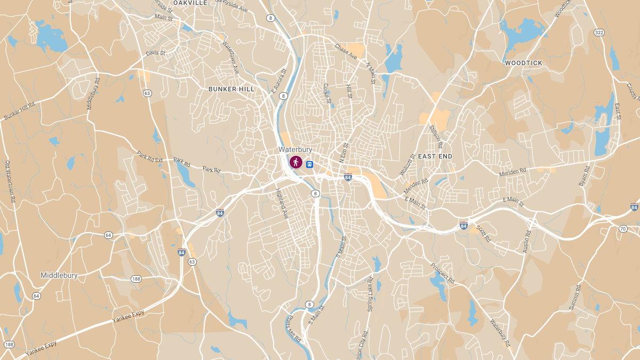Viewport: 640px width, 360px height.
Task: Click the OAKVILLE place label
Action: click(x=190, y=3)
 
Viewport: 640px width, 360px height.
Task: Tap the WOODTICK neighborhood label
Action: click(x=523, y=63)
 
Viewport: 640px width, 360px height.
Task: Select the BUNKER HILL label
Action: click(x=231, y=89)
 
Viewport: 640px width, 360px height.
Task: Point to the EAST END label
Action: click(x=435, y=156)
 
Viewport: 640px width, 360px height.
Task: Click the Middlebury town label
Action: click(x=59, y=276)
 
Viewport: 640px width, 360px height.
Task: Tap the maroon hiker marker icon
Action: click(x=295, y=162)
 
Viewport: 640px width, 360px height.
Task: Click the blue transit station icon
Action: click(x=309, y=165)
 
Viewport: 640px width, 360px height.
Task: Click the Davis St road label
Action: click(x=156, y=53)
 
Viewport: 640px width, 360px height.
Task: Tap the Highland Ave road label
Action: click(x=282, y=204)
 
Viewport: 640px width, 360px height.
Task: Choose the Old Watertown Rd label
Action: click(x=10, y=181)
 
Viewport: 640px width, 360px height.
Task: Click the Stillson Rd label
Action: click(x=436, y=137)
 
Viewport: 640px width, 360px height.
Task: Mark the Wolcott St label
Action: click(x=407, y=165)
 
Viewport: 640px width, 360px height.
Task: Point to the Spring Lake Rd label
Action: click(x=370, y=294)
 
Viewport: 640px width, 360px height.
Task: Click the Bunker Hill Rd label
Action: click(x=19, y=110)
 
